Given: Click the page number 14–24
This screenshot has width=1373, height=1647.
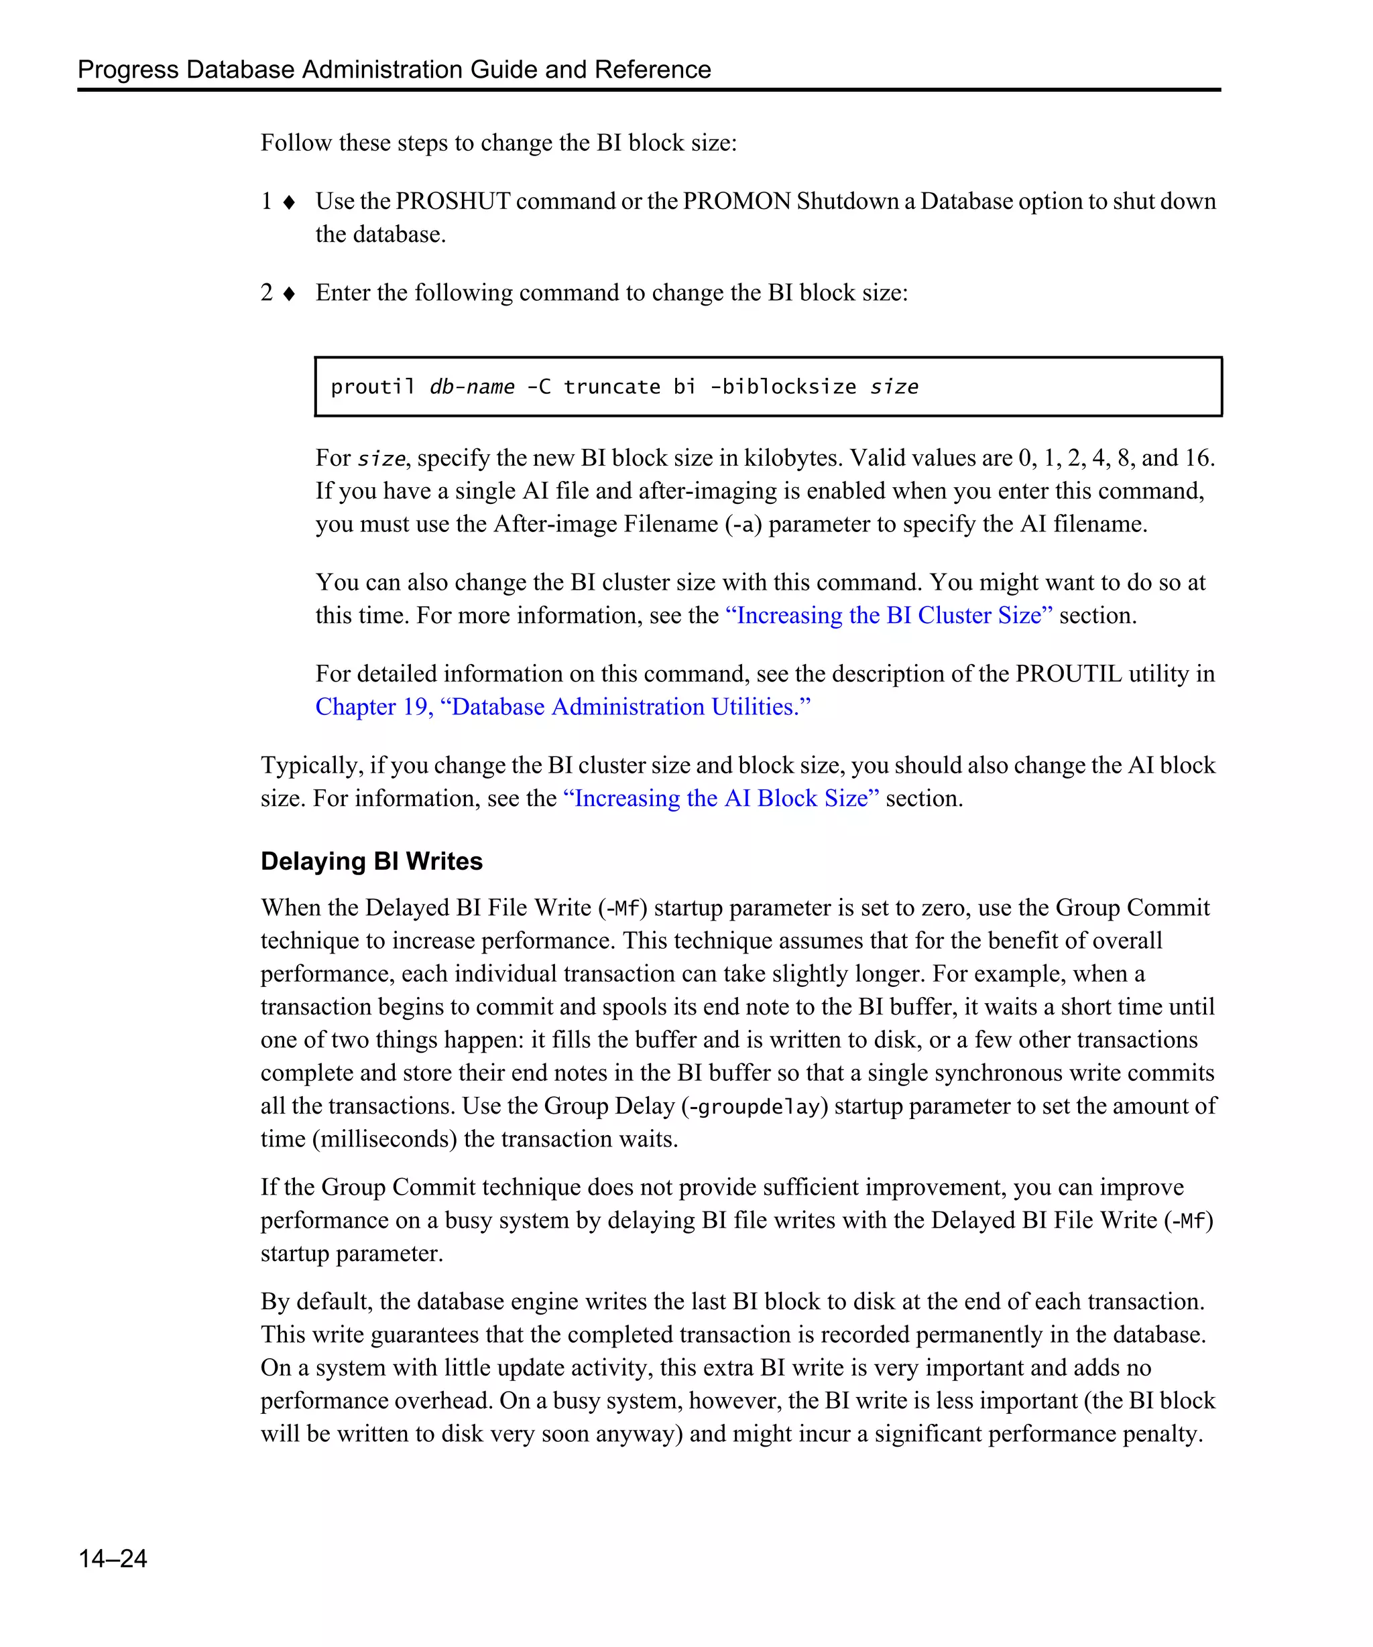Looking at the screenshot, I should [112, 1558].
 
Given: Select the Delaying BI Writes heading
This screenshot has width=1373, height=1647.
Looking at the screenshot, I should [371, 861].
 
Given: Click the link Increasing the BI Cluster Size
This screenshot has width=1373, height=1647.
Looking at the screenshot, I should [888, 616].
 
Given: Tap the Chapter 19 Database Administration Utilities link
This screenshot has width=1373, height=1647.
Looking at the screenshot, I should [562, 708].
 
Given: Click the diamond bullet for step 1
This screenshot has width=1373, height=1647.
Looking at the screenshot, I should [289, 203].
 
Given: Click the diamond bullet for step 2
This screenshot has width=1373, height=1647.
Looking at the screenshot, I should [289, 294].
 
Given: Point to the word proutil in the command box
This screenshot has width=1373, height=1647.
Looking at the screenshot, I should [372, 387].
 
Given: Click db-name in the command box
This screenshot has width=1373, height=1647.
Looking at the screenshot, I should [471, 387].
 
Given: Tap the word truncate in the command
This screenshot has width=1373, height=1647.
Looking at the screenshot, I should [611, 387].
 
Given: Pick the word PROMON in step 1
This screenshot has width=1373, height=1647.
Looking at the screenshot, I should [736, 202].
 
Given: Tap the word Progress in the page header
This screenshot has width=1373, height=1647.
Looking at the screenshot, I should [128, 70].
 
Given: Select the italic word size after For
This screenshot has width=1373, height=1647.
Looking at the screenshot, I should [381, 459].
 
